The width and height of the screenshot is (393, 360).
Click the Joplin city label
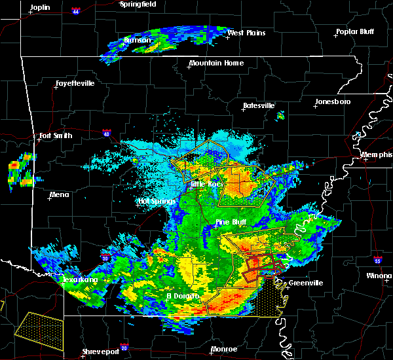40,7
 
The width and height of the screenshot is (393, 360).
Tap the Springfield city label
139,4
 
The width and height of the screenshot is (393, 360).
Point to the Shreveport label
100,352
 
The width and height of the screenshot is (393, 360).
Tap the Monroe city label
224,349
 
